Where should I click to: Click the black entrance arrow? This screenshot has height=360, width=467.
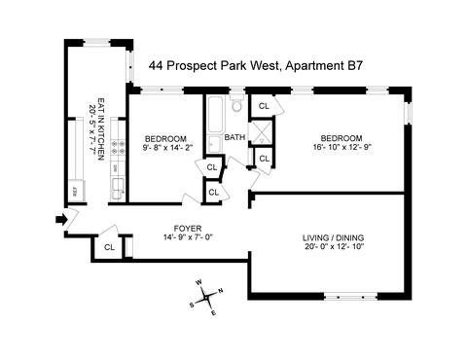tap(61, 220)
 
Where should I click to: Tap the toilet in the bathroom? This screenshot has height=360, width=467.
tap(237, 103)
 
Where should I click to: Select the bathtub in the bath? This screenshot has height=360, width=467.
tap(215, 114)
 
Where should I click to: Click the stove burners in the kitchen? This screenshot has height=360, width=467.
tap(118, 147)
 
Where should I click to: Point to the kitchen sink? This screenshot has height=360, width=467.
tap(118, 189)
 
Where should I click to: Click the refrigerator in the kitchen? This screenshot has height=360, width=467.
tap(77, 190)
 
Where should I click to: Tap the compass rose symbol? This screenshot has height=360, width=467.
tap(206, 297)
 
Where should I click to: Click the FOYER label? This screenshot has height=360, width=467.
tap(188, 229)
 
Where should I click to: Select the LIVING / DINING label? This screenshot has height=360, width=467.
tap(333, 237)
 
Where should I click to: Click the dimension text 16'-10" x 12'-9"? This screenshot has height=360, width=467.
tap(341, 146)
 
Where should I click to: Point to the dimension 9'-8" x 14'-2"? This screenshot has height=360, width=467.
tap(167, 148)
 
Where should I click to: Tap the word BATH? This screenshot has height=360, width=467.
tap(234, 137)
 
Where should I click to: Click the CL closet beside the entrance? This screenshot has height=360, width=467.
tap(109, 247)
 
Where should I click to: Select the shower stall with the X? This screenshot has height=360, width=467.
tap(262, 132)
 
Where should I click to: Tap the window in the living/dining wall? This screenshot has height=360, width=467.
tap(350, 296)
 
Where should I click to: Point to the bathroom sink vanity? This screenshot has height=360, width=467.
tap(214, 144)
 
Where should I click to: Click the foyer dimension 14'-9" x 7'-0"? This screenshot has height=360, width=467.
tap(188, 237)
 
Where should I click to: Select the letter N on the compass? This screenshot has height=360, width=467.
tap(221, 291)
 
